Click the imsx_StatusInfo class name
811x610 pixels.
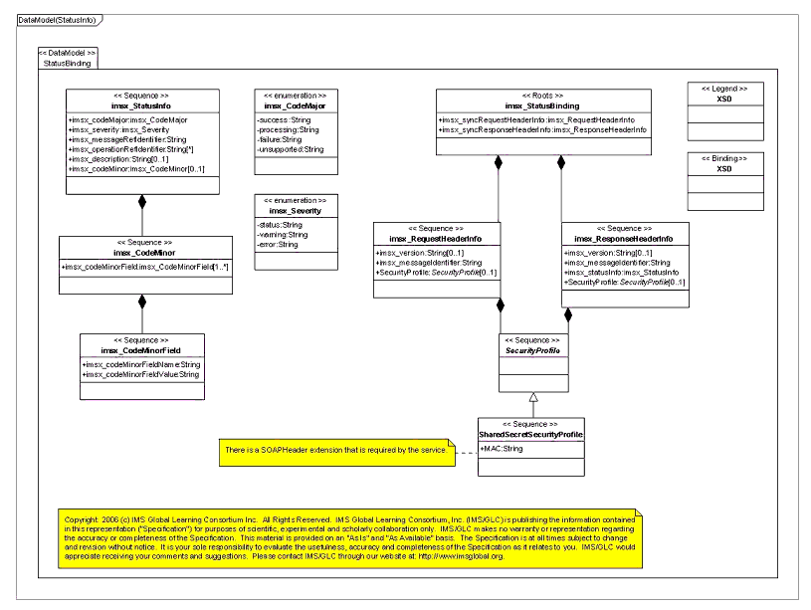coord(142,105)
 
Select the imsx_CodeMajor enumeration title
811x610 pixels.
coord(295,105)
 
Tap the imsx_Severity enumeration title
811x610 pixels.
coord(295,211)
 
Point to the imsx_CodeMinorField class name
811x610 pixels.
coord(141,350)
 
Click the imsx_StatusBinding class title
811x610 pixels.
coord(542,105)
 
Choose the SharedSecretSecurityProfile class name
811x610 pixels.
coord(530,435)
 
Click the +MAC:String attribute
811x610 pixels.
coord(501,449)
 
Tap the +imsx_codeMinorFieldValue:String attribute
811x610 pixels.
coord(140,375)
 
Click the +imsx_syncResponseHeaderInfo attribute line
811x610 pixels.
coord(542,130)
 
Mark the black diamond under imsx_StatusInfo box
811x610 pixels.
coord(142,202)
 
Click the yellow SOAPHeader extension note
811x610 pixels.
coord(334,451)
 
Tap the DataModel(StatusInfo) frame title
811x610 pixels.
coord(57,20)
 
